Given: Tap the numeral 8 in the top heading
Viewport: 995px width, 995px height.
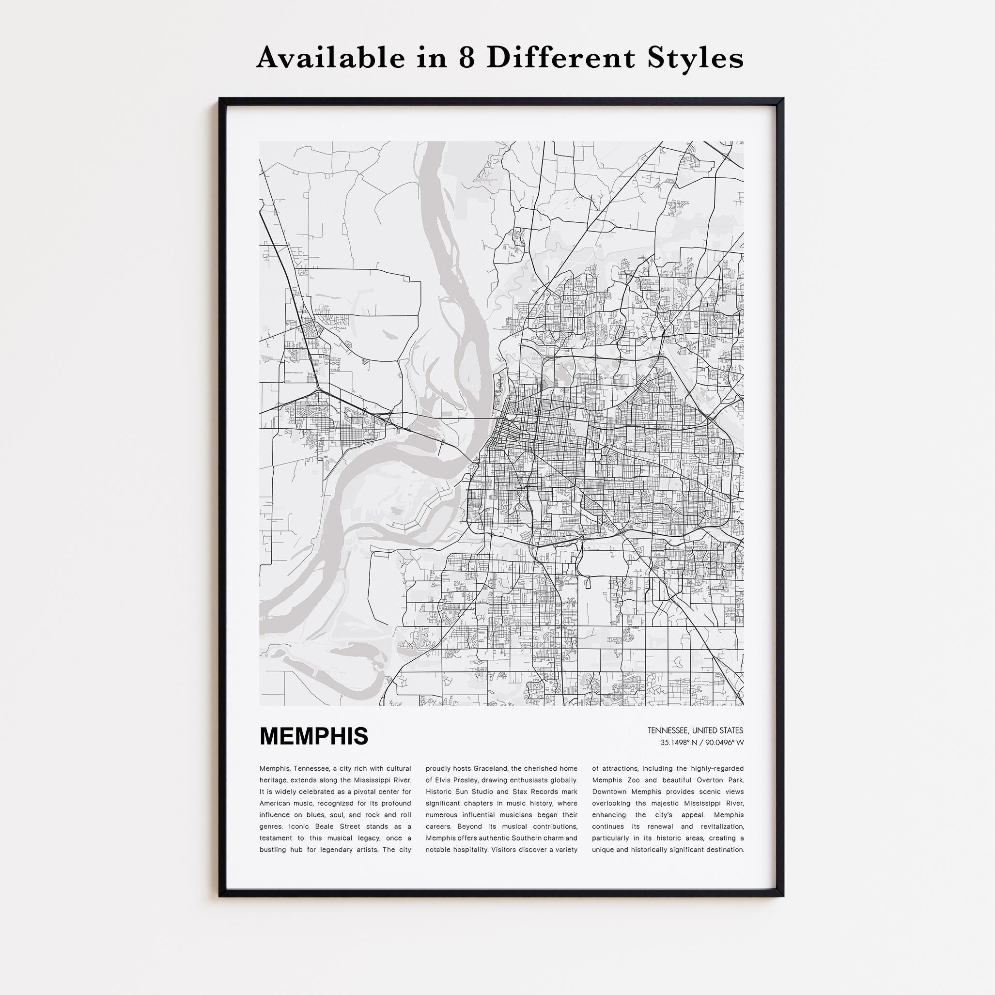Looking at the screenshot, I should click(x=466, y=58).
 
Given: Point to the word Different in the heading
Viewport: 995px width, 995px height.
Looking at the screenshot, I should click(x=562, y=58).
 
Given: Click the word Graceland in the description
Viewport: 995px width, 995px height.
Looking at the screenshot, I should click(x=490, y=769).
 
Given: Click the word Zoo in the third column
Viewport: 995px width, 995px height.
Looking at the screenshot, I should click(x=633, y=780).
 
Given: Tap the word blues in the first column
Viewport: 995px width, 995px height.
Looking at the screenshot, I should click(x=321, y=815).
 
